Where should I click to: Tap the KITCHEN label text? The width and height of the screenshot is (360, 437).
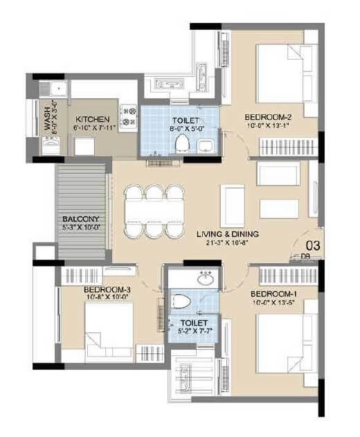[91, 118]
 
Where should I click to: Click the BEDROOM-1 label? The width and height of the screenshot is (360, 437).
[273, 293]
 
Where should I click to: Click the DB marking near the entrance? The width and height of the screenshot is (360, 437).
[305, 256]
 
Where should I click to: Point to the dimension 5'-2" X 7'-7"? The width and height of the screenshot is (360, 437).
[190, 331]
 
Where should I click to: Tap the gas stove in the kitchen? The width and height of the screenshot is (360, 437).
[128, 117]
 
